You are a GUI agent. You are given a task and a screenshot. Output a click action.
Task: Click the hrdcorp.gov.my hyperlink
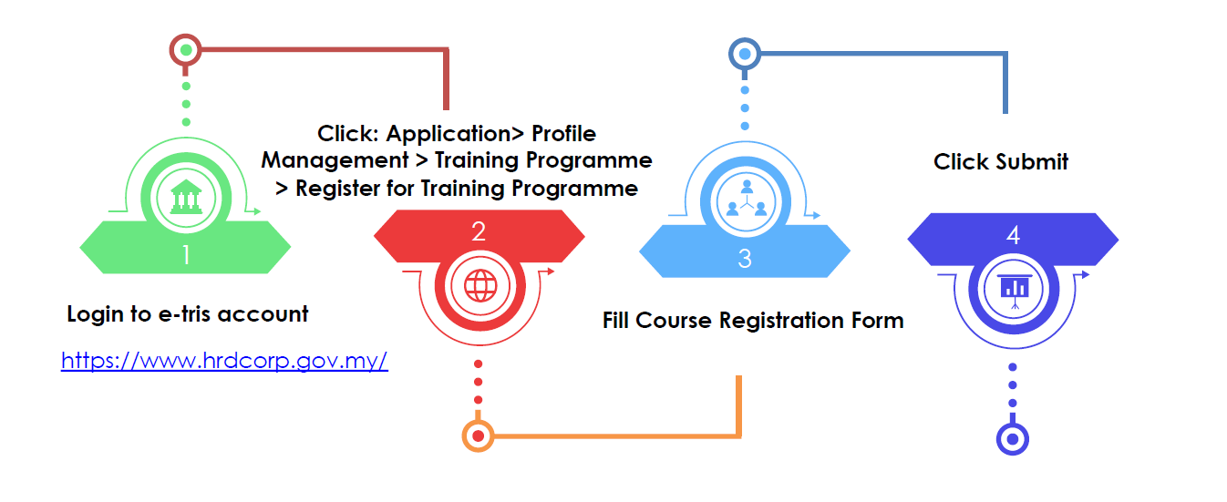tap(224, 361)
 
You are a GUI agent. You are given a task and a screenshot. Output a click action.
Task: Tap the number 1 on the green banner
tap(186, 254)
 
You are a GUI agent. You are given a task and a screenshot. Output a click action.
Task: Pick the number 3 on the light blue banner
tap(745, 258)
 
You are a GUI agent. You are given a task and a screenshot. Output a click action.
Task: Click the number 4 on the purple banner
tap(1013, 235)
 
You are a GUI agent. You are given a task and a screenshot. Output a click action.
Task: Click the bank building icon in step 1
tap(186, 197)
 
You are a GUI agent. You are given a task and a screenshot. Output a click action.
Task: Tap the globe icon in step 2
tap(479, 286)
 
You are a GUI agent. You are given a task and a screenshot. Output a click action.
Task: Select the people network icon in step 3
tap(745, 200)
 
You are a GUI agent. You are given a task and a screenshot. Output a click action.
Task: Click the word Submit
tap(1032, 162)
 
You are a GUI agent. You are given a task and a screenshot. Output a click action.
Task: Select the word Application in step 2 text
tap(447, 134)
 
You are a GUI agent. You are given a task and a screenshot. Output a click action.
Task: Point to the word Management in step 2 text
tap(333, 160)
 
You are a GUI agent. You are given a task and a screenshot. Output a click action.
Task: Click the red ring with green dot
tap(186, 48)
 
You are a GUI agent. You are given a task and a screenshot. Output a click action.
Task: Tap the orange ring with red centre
tap(478, 435)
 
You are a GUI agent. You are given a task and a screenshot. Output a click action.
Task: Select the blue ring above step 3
tap(745, 54)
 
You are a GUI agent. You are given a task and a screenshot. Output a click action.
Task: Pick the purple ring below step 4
tap(1012, 439)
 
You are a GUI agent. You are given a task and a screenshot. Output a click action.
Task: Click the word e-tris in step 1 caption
tap(182, 315)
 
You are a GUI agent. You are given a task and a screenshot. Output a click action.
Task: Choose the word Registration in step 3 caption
tap(786, 321)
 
